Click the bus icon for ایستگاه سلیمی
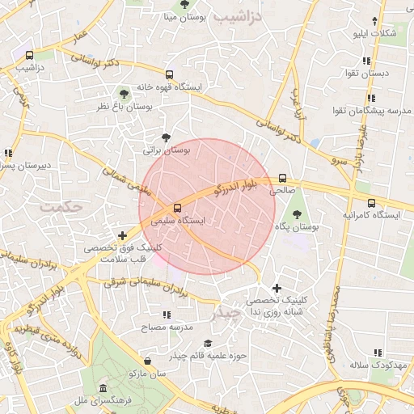click(x=178, y=208)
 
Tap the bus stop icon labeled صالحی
click(x=281, y=179)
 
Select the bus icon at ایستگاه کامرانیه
click(x=371, y=203)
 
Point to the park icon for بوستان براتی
click(x=166, y=137)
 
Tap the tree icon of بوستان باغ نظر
click(x=123, y=94)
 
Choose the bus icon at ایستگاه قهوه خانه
click(x=168, y=74)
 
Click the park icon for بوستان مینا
click(x=185, y=4)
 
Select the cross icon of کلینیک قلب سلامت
click(x=122, y=236)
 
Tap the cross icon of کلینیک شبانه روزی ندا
click(x=277, y=288)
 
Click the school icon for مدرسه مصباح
click(x=167, y=315)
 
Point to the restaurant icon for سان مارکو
click(x=146, y=361)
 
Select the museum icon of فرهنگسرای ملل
click(x=103, y=388)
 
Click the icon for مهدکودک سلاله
click(x=377, y=353)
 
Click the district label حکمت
click(x=61, y=206)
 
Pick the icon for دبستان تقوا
click(x=366, y=61)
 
